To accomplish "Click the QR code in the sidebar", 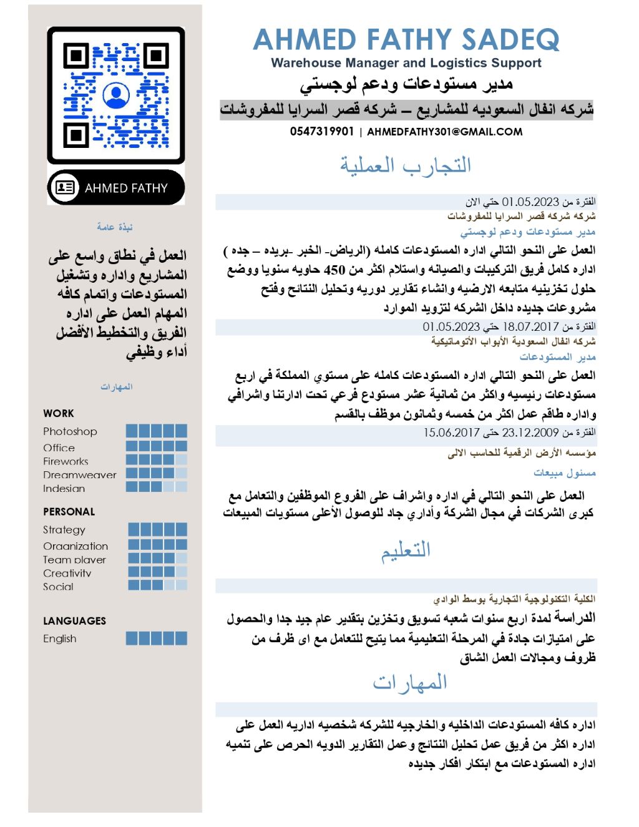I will click(116, 95).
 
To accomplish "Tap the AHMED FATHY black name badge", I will click(116, 187).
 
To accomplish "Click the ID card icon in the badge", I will click(65, 187).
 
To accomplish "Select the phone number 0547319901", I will click(321, 132).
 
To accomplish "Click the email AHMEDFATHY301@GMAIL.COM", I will click(444, 132).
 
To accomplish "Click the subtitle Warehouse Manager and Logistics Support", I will click(406, 63).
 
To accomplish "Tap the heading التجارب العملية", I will click(406, 165).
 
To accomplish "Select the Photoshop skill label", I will click(70, 431).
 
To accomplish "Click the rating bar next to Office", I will click(156, 446).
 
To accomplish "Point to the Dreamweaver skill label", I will click(79, 475).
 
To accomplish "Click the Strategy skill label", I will click(64, 529).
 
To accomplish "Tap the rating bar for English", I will click(156, 638).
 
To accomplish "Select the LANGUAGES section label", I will click(74, 621).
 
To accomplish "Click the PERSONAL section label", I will click(69, 512).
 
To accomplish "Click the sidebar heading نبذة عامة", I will click(115, 227).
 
